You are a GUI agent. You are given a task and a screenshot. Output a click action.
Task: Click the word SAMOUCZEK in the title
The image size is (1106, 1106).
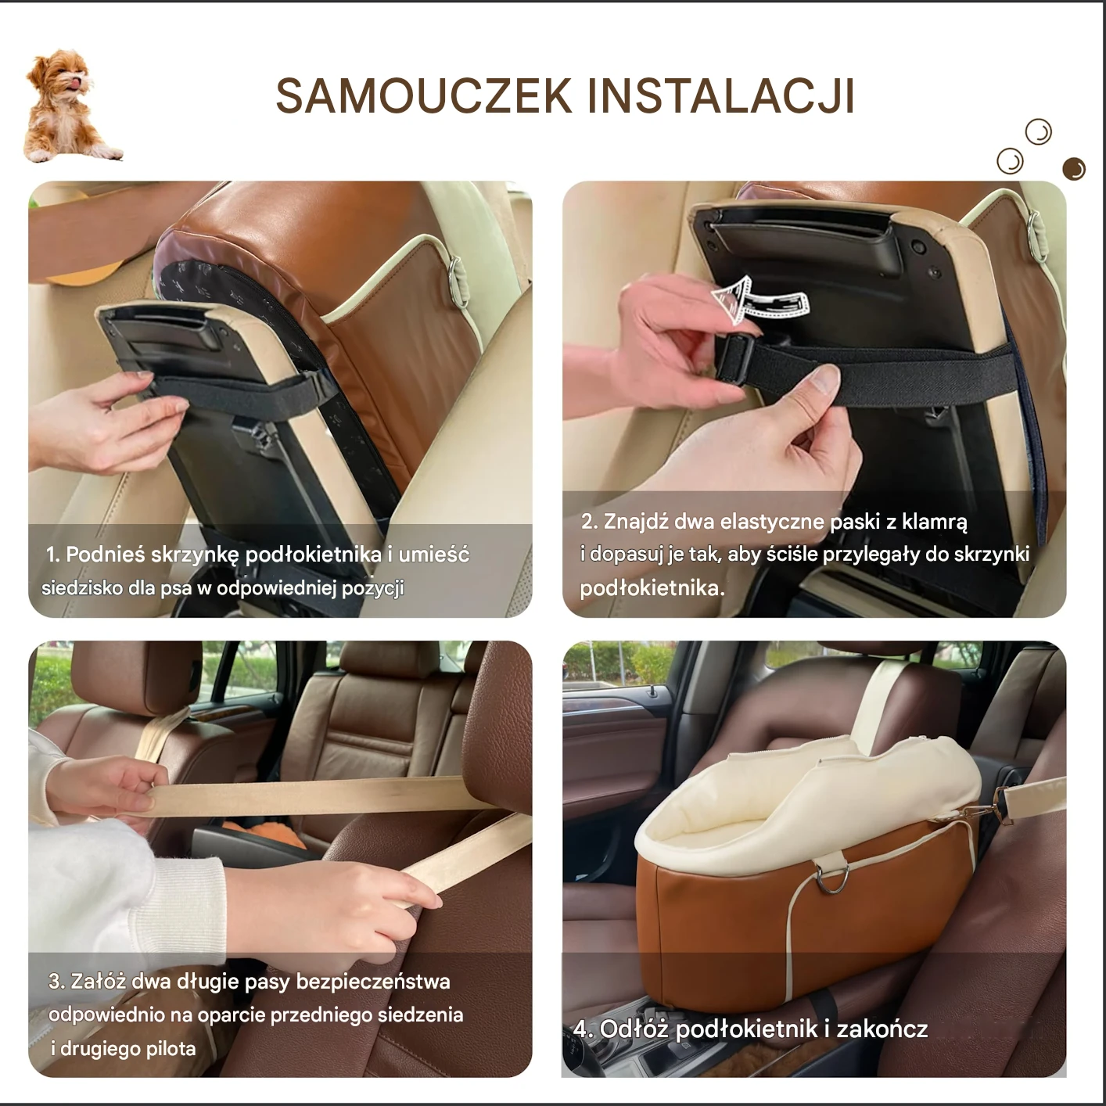(424, 96)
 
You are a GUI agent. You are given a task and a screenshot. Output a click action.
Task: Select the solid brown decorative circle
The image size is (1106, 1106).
(1074, 169)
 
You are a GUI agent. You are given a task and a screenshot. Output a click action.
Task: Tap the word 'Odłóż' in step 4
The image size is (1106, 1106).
(634, 1029)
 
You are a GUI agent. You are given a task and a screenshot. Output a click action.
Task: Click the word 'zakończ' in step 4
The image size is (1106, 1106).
(882, 1029)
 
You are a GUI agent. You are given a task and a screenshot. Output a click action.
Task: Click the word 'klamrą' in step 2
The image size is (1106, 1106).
(935, 522)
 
